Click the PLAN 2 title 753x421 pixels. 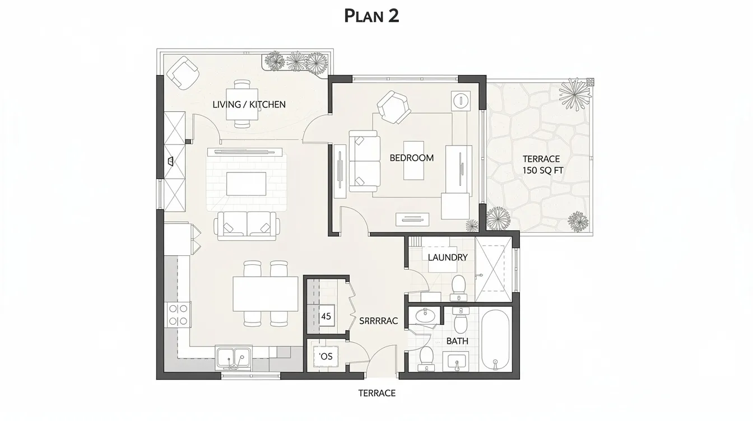coord(371,16)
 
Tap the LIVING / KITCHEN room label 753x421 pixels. coord(249,105)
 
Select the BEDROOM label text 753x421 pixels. coord(411,158)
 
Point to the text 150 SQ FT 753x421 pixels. coord(542,171)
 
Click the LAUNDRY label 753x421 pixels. coord(447,258)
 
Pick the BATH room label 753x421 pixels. coord(457,340)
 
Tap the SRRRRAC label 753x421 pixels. coord(378,321)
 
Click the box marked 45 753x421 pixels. coord(326,316)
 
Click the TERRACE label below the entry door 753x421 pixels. coord(376,393)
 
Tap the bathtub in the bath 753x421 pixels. coord(495,340)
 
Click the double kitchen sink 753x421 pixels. coord(234,358)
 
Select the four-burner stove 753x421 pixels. coord(178,315)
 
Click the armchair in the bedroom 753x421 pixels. coord(393,107)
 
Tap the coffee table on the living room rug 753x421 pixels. coord(246,184)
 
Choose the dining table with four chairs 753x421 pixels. coord(266,294)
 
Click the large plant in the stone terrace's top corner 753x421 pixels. coord(575,93)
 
